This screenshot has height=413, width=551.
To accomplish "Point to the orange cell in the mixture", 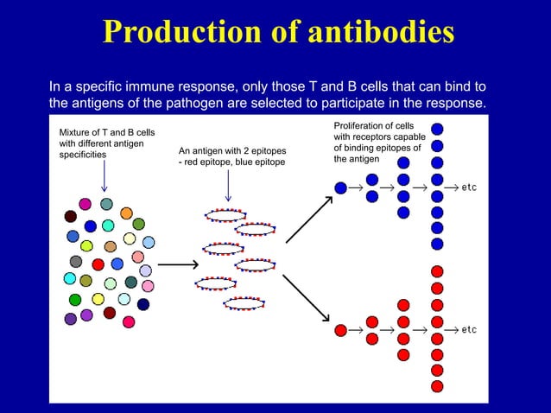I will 126,213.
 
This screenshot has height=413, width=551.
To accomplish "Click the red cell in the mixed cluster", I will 98,264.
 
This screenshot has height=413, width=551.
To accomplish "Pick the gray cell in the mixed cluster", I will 76,262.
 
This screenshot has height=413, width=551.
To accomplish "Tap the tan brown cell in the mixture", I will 110,246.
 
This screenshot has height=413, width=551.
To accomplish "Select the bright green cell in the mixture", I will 75,300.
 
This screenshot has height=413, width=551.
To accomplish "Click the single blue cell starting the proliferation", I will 340,187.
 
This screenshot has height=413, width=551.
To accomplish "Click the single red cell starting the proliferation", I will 340,330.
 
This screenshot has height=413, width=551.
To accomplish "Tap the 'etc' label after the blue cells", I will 469,187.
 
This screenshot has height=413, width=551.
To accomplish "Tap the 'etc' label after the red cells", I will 469,330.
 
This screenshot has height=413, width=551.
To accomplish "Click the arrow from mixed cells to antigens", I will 178,264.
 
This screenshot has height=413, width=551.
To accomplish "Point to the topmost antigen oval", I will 224,213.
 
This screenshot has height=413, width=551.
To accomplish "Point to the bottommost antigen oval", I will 244,303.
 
